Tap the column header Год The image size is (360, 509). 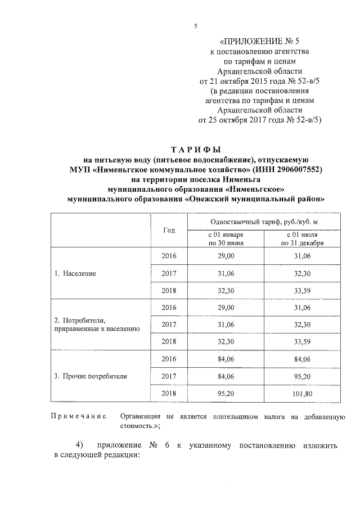169,230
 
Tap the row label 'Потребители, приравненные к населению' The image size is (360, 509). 94,325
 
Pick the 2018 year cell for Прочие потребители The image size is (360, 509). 169,393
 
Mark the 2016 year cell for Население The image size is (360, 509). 169,256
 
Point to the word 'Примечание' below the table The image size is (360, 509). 79,416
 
